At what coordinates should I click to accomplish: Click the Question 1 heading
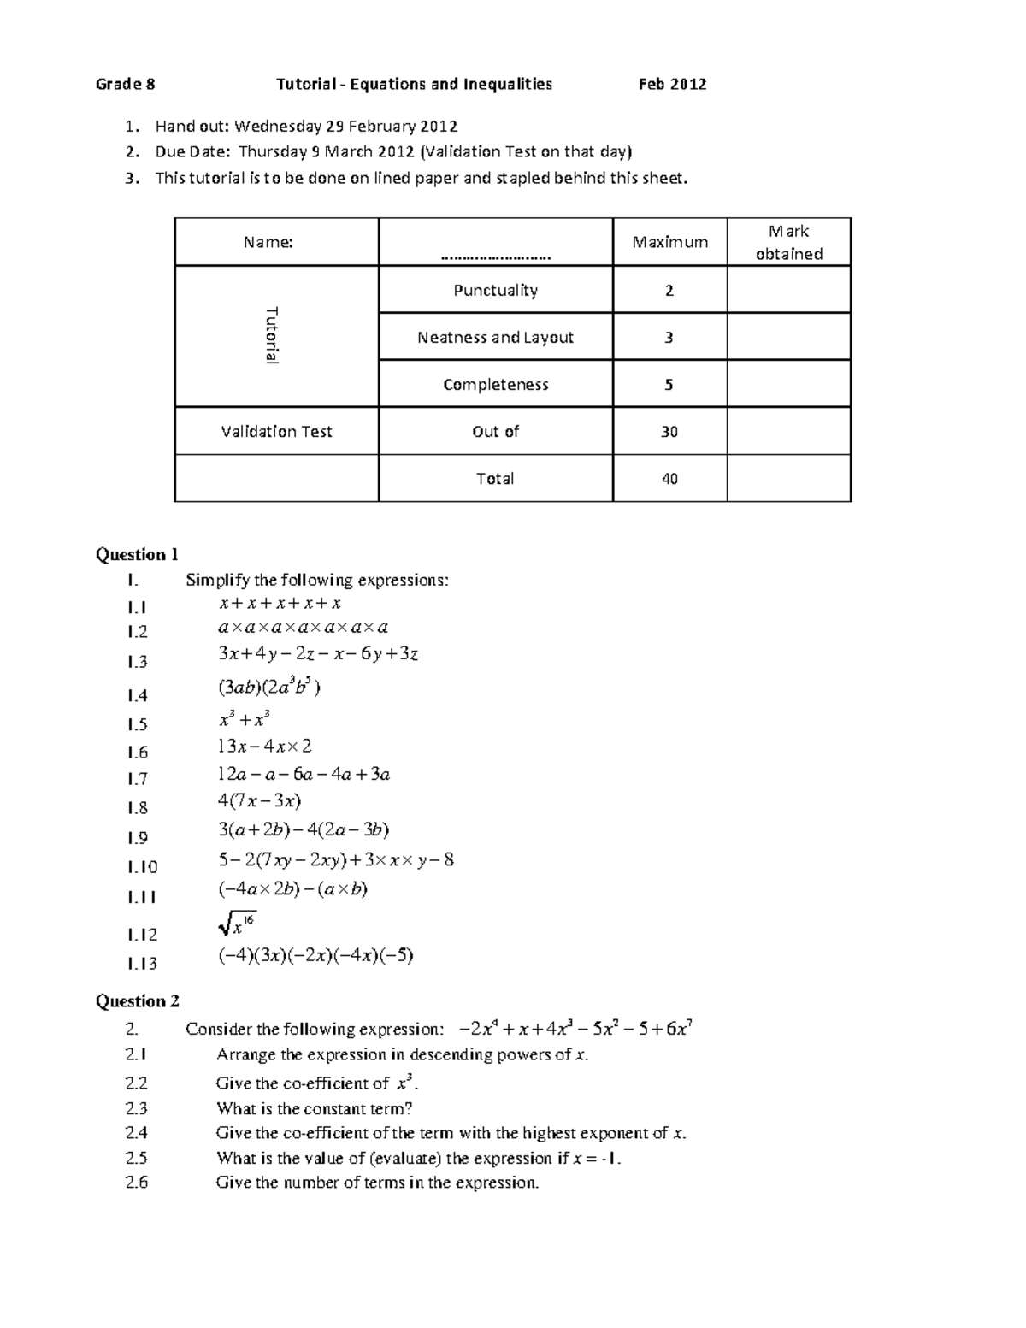[137, 554]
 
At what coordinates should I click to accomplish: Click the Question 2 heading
[137, 1000]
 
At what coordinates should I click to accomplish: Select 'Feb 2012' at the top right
[672, 84]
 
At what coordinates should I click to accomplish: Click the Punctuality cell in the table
[495, 290]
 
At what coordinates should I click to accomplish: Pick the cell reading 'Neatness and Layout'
[495, 337]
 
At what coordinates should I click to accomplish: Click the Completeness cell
[495, 384]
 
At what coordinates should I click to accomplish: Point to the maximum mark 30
[669, 431]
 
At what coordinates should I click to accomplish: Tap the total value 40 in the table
[669, 478]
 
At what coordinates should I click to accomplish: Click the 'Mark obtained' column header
[788, 242]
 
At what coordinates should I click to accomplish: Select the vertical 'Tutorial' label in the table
[272, 335]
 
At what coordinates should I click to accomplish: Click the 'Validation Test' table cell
[276, 431]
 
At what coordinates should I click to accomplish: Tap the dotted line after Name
[496, 254]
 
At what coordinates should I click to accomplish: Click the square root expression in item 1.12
[236, 924]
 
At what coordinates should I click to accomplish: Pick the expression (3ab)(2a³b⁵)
[269, 687]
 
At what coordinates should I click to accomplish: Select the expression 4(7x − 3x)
[259, 801]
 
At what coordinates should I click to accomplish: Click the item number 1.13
[142, 963]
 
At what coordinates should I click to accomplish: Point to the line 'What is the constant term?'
[314, 1108]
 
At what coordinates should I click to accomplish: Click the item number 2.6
[136, 1183]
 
